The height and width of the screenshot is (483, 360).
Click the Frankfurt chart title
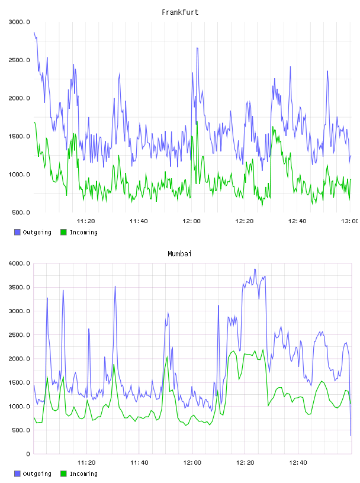[180, 12]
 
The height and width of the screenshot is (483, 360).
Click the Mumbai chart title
[179, 254]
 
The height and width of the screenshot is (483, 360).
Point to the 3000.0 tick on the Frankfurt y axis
[20, 22]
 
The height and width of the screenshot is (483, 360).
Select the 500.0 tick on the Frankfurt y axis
[21, 212]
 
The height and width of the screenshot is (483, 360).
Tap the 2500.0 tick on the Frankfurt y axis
[20, 60]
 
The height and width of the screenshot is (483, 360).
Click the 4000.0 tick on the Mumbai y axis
[20, 263]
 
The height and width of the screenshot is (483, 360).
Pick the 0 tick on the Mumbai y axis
[28, 454]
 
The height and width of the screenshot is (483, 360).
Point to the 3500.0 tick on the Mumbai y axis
[20, 288]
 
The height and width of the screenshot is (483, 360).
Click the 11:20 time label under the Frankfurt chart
[86, 221]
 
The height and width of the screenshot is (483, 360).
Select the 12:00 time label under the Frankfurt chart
[191, 221]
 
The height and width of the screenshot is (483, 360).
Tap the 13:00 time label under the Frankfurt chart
[350, 221]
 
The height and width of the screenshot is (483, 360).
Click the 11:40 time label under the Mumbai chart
[139, 463]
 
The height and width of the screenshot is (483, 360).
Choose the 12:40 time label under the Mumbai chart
[298, 463]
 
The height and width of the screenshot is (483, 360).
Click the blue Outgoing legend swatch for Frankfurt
[17, 232]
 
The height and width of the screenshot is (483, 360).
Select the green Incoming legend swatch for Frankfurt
[63, 232]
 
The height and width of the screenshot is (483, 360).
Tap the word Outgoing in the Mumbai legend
[37, 474]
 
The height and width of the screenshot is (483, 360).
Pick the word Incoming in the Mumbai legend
[83, 474]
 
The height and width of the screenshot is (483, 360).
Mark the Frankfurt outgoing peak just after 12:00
[197, 48]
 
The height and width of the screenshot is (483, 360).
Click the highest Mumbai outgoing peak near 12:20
[255, 269]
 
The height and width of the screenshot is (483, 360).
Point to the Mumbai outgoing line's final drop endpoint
[351, 436]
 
